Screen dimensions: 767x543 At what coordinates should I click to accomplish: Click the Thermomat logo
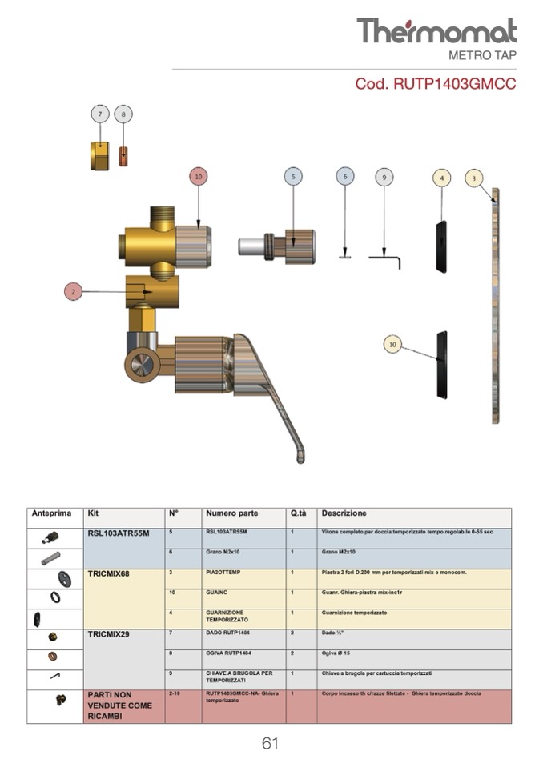pyautogui.click(x=436, y=31)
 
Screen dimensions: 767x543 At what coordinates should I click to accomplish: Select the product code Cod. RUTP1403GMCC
pyautogui.click(x=436, y=84)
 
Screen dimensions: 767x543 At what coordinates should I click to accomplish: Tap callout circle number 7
pyautogui.click(x=99, y=114)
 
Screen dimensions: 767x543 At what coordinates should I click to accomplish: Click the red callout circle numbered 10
pyautogui.click(x=199, y=176)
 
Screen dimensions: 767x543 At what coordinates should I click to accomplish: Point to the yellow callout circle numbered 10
pyautogui.click(x=392, y=344)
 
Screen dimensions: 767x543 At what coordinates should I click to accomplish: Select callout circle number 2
pyautogui.click(x=73, y=292)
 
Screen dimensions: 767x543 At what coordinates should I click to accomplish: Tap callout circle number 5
pyautogui.click(x=293, y=177)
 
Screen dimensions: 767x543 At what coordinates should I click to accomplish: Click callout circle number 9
pyautogui.click(x=384, y=177)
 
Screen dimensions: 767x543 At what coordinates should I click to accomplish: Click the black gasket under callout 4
pyautogui.click(x=440, y=246)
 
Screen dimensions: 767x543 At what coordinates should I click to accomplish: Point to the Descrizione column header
pyautogui.click(x=344, y=513)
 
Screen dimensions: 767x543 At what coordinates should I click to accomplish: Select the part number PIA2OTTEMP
pyautogui.click(x=226, y=573)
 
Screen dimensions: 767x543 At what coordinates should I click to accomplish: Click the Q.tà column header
pyautogui.click(x=299, y=513)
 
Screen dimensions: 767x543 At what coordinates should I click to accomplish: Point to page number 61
pyautogui.click(x=270, y=744)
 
